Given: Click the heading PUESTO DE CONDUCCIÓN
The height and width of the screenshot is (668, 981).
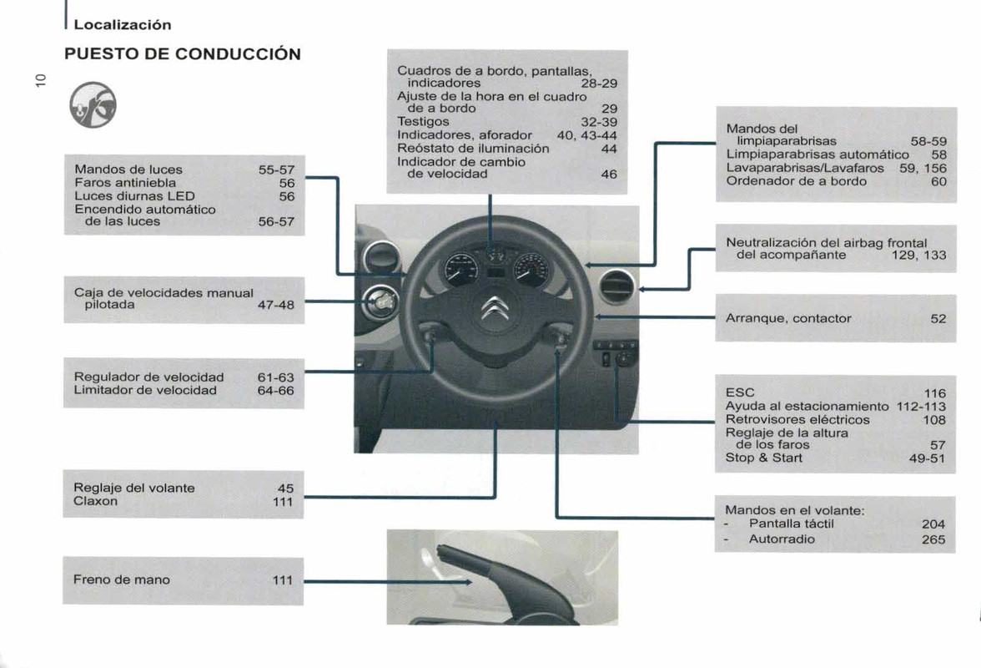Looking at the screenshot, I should (183, 54).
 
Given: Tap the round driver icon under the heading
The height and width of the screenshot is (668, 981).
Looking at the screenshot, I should (93, 105).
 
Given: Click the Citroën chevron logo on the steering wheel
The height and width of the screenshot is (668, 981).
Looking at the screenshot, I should (491, 310).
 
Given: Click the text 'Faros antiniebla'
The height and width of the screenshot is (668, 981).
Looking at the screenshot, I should (125, 182).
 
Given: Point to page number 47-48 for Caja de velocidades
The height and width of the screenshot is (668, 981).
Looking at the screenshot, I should (275, 306).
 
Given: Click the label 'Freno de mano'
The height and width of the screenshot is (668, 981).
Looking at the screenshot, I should (122, 579).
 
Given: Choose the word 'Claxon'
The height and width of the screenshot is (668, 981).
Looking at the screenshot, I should (96, 502).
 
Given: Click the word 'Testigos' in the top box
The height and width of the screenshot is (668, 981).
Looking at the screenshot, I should (423, 122).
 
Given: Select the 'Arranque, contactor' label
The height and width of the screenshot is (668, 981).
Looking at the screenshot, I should (788, 318).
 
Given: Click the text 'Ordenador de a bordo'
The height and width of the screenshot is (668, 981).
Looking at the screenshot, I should (796, 181).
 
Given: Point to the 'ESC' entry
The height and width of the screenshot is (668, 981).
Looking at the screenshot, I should (740, 392).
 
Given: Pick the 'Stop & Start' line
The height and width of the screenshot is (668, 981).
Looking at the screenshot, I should (764, 458).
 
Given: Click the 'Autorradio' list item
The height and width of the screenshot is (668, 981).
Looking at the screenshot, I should (782, 539).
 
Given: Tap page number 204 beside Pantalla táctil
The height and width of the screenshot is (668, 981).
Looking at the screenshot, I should (933, 524).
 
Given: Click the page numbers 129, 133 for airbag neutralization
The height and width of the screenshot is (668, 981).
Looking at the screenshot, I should (918, 256).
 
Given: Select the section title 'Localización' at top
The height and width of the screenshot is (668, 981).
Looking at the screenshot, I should (123, 25).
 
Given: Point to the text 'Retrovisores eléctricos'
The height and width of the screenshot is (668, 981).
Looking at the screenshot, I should (797, 419).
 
